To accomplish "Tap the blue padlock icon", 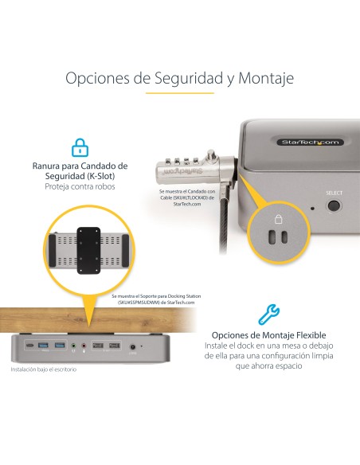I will [x=80, y=147].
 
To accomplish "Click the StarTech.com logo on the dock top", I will [x=310, y=142].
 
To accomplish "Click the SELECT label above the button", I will [x=334, y=193].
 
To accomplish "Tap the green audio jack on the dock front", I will [x=72, y=346].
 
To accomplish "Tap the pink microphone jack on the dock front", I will [x=84, y=346].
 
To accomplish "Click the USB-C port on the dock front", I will [x=29, y=346].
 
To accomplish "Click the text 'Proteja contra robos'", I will [x=80, y=186].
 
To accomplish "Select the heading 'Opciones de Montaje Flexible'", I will [x=268, y=335].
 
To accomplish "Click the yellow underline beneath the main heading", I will [x=180, y=94].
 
